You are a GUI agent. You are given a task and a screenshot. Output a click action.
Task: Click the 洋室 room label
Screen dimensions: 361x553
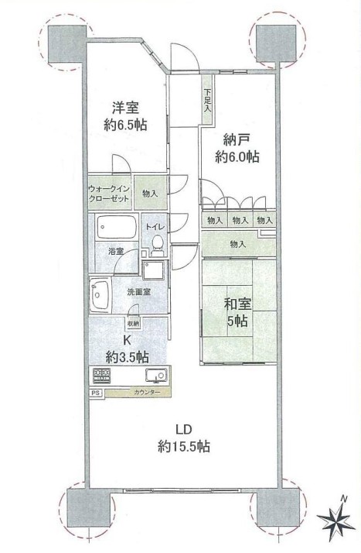pos(125,108)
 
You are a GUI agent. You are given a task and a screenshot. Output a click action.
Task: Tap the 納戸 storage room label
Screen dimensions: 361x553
pos(237,139)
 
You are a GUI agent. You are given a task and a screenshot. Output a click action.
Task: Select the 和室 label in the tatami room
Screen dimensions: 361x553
pos(237,304)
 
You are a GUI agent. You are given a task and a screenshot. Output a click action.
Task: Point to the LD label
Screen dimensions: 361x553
pos(184,429)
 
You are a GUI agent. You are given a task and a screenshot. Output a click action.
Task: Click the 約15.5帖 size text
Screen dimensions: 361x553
pos(184,446)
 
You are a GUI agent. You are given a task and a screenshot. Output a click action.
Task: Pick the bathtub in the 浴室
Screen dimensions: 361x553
pos(117,227)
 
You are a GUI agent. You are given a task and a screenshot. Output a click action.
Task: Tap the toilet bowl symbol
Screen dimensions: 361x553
pos(157,245)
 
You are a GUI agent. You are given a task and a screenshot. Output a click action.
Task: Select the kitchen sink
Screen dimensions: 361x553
pos(156,375)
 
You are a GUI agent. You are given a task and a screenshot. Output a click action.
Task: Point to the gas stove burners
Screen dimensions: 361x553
pos(102,374)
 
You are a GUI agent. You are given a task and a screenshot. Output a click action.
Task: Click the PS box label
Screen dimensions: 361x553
pos(94,393)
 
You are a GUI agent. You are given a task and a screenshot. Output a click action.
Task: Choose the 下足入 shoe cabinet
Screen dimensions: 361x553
pos(207,100)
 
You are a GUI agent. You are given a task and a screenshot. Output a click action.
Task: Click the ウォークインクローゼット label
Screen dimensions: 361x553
pos(109,194)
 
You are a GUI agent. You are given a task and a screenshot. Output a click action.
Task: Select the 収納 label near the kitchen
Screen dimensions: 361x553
pos(133,323)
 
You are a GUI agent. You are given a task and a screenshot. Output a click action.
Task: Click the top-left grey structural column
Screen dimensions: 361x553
pos(66,45)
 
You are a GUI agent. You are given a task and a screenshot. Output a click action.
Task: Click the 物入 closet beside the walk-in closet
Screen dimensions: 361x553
pos(150,194)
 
